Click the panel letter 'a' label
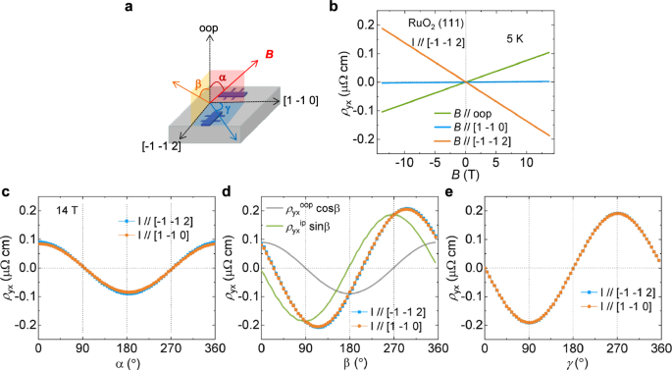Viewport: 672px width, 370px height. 129,8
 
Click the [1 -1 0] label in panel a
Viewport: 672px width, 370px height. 281,101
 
